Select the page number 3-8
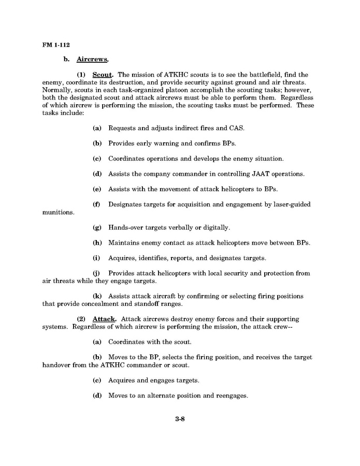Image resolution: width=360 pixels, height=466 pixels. [x=180, y=419]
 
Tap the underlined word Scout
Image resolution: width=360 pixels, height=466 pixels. [x=103, y=75]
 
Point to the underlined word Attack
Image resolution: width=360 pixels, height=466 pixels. [x=104, y=319]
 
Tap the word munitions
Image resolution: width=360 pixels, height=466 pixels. [x=58, y=212]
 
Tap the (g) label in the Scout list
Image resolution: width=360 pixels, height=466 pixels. [x=97, y=228]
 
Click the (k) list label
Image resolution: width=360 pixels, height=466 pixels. [x=97, y=296]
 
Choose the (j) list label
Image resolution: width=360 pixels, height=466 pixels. [x=97, y=273]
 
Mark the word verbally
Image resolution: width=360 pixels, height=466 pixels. [x=178, y=228]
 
